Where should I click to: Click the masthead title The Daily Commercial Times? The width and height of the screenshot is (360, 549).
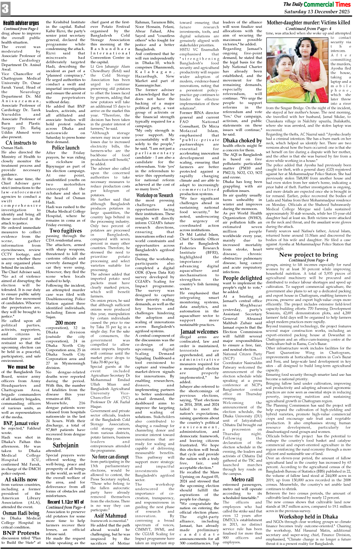point(317,4)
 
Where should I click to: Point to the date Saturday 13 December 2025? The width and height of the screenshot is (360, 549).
point(317,11)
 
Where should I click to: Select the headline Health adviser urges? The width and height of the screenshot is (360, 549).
point(21,23)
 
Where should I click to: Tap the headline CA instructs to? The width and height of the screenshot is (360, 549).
point(21,142)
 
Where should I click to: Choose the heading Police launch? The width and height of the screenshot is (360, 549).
point(65,147)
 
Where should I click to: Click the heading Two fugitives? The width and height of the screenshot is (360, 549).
point(65,231)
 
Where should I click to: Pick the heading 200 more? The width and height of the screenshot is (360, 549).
point(65,322)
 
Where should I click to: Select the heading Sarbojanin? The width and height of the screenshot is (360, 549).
point(65,445)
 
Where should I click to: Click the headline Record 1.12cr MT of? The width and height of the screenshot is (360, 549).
point(65,502)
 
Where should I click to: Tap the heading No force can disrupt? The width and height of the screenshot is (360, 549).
point(110,457)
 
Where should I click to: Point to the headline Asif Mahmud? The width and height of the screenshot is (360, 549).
point(110,516)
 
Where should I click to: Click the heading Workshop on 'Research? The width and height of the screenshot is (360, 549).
point(154,195)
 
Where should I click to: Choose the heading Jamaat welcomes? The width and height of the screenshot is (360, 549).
point(199,331)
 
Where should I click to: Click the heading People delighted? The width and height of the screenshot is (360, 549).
point(242,278)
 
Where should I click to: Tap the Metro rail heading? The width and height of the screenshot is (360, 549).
point(242,479)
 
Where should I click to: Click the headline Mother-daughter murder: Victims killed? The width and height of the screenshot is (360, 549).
point(308,23)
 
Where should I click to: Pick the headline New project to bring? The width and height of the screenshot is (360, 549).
point(308,254)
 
